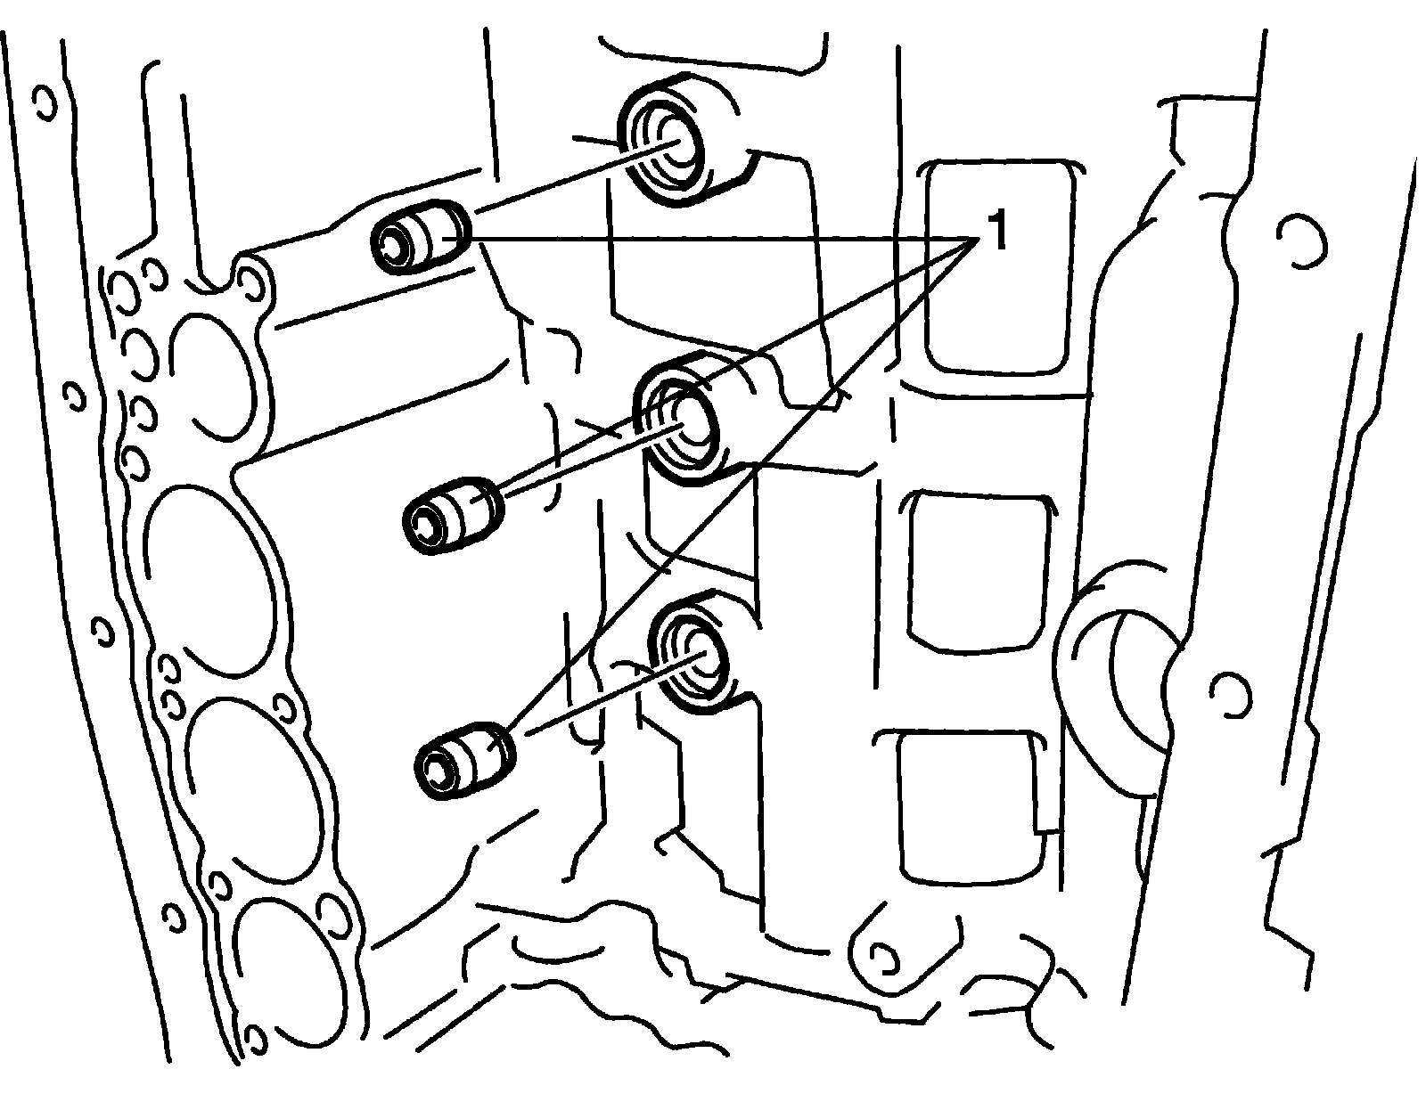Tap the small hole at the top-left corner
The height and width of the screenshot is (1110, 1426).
tap(40, 102)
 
